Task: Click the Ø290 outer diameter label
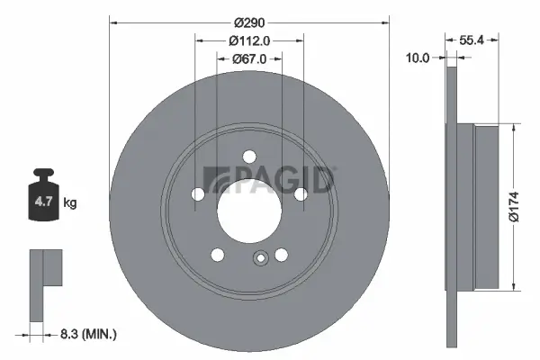[x=247, y=22]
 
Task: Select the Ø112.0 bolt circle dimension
[x=249, y=40]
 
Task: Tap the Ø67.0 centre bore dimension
[x=249, y=59]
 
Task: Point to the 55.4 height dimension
[x=473, y=40]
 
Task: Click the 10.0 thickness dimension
[x=418, y=57]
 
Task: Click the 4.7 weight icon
[x=43, y=200]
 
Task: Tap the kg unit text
[x=69, y=203]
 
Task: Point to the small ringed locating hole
[x=260, y=260]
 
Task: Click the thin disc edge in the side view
[x=451, y=206]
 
